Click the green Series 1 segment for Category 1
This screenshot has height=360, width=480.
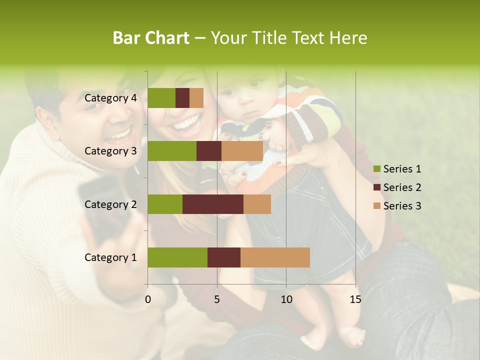click(177, 257)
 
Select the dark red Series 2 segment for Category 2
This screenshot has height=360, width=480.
click(213, 204)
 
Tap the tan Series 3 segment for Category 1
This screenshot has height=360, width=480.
click(275, 257)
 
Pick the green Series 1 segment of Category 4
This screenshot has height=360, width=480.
click(161, 98)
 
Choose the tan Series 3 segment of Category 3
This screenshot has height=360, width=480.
click(242, 151)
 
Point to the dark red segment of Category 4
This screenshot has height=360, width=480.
click(182, 98)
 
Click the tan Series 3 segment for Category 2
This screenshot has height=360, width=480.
click(257, 204)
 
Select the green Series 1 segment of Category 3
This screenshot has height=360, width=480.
click(172, 151)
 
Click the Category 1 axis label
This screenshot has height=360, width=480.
click(110, 257)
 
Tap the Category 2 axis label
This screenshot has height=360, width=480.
click(110, 204)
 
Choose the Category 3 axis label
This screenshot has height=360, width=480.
click(110, 151)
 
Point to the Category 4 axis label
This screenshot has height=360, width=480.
click(110, 98)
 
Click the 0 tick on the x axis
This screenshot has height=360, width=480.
click(148, 299)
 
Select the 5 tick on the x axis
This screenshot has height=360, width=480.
click(217, 299)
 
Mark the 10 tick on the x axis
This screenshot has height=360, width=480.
click(286, 299)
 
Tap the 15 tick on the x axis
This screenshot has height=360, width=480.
click(355, 299)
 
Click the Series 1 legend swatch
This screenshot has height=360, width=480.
click(377, 169)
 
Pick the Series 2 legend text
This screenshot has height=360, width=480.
click(402, 187)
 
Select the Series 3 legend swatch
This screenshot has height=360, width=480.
click(377, 206)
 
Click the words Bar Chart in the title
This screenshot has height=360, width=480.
click(151, 38)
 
